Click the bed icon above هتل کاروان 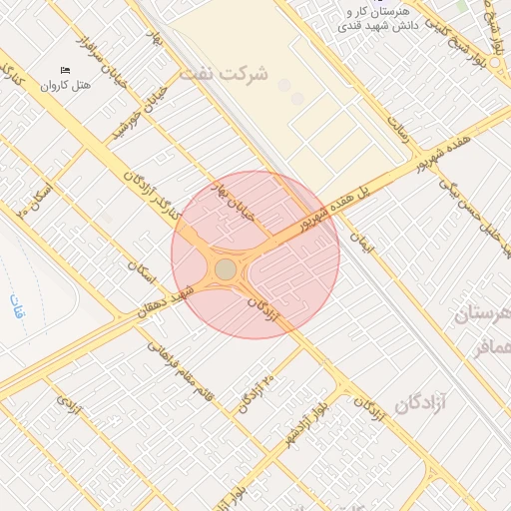(x=66, y=70)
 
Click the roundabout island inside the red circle (x=227, y=269)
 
